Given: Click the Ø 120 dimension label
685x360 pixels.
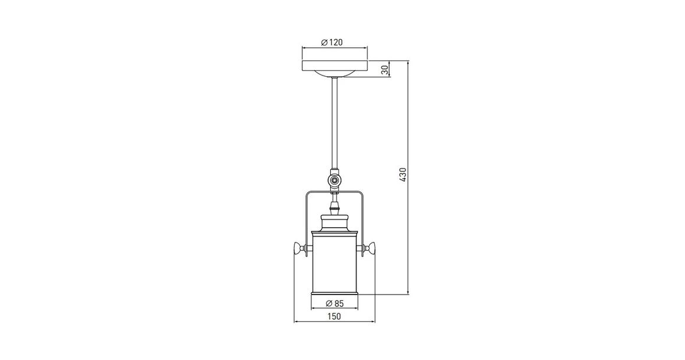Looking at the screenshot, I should point(332,42).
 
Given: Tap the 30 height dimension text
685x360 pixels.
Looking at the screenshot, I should point(385,70).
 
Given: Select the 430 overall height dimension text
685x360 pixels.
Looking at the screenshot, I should point(403,175).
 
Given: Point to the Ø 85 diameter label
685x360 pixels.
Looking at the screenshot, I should point(334,303).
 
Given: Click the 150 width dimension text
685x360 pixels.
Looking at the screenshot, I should point(334,316).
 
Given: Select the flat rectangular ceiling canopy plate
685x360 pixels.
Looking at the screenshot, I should point(335,66).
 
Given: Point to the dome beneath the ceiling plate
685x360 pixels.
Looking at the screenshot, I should point(335,74).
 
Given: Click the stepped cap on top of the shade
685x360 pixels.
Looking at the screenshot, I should point(335,223).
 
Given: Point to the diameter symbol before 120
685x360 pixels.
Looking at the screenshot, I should point(324,42).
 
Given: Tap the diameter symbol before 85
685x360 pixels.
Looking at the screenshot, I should point(328,303).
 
